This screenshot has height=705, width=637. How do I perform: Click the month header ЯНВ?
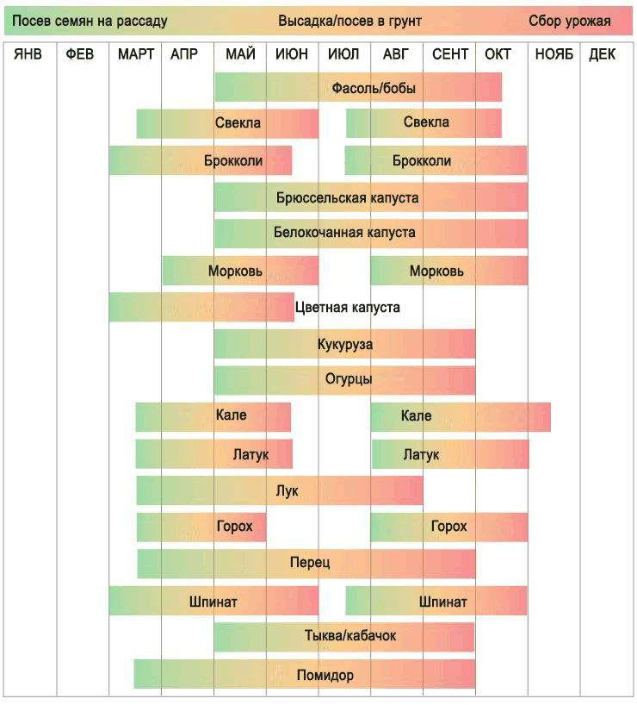(x=28, y=54)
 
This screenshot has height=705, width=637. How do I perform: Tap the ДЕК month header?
(x=603, y=54)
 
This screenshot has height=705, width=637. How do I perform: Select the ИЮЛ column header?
(x=343, y=54)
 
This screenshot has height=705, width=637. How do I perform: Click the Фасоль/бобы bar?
(x=358, y=87)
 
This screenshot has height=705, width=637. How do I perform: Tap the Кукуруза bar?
(x=344, y=344)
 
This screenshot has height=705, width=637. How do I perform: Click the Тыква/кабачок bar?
(x=344, y=637)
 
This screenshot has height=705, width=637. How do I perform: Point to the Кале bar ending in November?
(x=461, y=417)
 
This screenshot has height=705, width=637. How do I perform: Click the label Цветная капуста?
(x=347, y=307)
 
